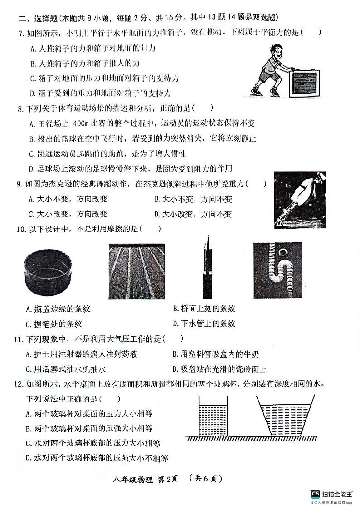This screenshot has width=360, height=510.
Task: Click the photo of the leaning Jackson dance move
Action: click(300, 200)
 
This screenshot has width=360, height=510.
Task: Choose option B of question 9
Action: click(193, 199)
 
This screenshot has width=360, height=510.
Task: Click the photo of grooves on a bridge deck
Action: click(137, 271)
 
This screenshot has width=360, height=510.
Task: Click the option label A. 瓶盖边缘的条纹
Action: click(58, 309)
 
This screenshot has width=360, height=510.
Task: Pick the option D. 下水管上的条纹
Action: click(204, 324)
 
